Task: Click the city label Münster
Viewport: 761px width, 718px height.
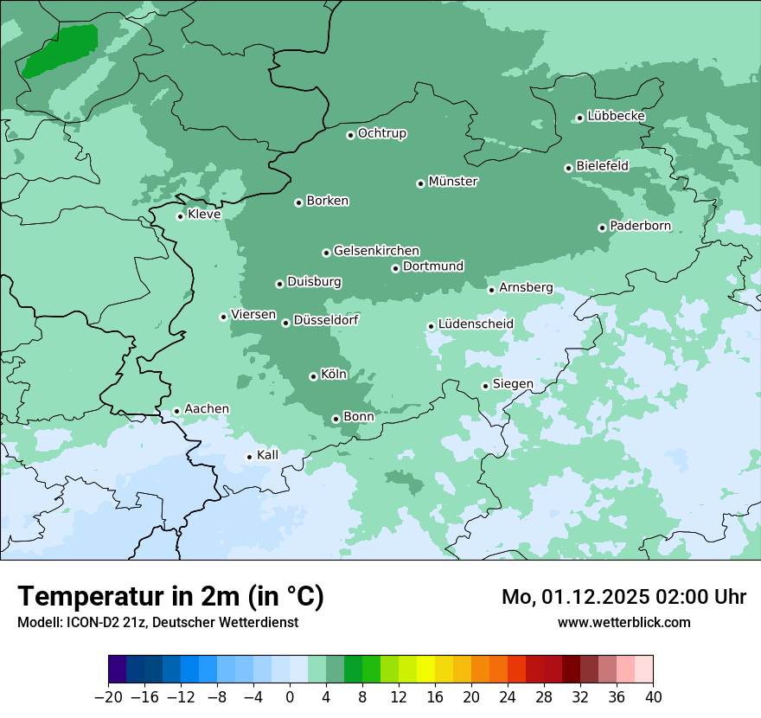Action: [x=453, y=182]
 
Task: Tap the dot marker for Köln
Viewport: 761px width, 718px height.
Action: [x=313, y=376]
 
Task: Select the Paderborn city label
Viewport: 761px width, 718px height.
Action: [x=640, y=227]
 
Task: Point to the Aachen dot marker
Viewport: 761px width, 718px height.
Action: [x=176, y=411]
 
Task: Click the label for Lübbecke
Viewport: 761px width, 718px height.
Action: [x=616, y=116]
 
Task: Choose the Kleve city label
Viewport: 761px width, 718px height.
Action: [x=204, y=215]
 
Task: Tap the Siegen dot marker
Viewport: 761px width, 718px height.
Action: [x=485, y=386]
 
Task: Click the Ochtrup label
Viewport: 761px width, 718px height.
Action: [x=381, y=134]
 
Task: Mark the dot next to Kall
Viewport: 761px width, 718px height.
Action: [x=249, y=457]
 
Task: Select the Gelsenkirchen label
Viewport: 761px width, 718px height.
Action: [x=376, y=251]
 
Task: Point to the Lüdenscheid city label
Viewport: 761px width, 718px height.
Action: [x=476, y=324]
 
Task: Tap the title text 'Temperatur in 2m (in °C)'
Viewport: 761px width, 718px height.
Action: [x=170, y=596]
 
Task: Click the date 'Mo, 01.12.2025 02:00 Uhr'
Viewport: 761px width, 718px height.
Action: [x=624, y=597]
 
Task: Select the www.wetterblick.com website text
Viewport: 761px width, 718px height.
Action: [x=624, y=622]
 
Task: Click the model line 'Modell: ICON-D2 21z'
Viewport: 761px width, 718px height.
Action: [x=157, y=622]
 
